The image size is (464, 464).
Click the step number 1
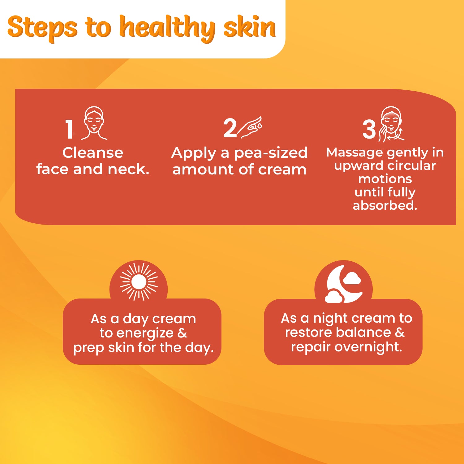pyautogui.click(x=69, y=129)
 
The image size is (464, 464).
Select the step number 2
pyautogui.click(x=230, y=128)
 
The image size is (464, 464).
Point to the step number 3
pyautogui.click(x=369, y=129)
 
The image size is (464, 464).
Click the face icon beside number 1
pyautogui.click(x=94, y=123)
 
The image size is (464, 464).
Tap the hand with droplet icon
pyautogui.click(x=250, y=127)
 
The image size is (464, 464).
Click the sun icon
pyautogui.click(x=139, y=282)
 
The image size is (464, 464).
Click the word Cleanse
pyautogui.click(x=93, y=153)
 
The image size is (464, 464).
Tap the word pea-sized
pyautogui.click(x=271, y=153)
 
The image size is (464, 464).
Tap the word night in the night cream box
pyautogui.click(x=330, y=319)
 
